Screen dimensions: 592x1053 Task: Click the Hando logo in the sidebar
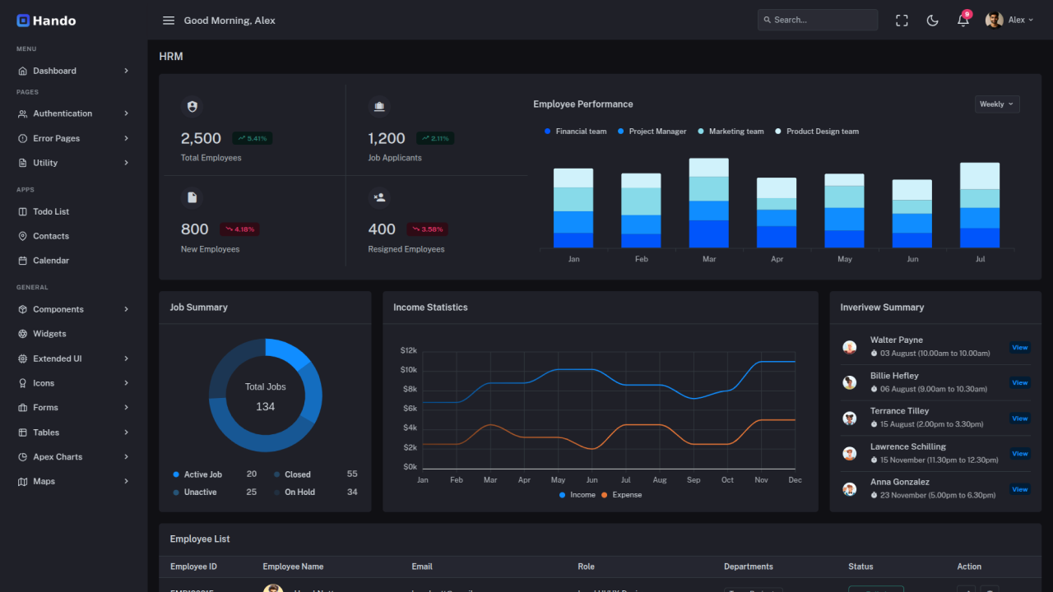[46, 21]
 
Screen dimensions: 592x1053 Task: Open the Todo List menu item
[51, 211]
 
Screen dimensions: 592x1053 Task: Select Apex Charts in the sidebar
[58, 456]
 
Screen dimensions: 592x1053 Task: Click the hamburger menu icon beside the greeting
[169, 21]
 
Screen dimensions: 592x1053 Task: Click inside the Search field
[818, 20]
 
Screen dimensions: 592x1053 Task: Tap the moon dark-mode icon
[932, 21]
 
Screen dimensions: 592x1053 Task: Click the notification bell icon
[963, 21]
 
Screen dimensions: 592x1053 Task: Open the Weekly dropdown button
[997, 104]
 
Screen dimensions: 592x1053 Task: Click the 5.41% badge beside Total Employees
[252, 138]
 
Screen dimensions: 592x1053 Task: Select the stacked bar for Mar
[708, 203]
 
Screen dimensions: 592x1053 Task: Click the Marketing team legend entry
[731, 132]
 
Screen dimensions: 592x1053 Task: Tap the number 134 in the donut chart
[265, 406]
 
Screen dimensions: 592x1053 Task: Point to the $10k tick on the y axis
[409, 369]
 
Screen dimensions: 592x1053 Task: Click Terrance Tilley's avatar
[850, 418]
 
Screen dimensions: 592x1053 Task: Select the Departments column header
[748, 567]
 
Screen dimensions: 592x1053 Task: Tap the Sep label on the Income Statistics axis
[693, 479]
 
